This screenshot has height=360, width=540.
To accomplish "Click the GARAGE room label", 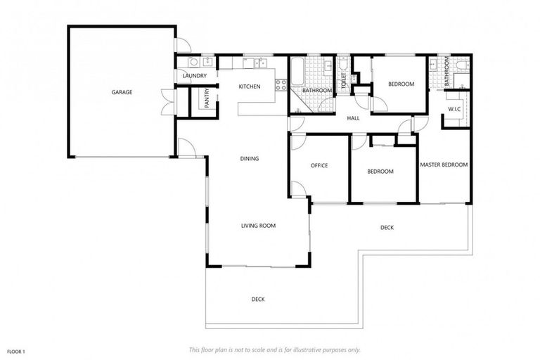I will pos(121,92).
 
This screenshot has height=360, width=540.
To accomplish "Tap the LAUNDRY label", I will pos(193,76).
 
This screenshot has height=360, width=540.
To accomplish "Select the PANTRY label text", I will pos(207,98).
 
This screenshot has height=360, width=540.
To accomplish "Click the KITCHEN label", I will pos(249,86).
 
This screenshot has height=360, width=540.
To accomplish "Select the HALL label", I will pos(353,118).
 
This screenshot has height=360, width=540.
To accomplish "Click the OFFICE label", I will pos(319,166).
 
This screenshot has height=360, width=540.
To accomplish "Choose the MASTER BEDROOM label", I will pos(444,165).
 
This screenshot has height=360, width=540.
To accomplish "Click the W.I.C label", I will pos(454,110).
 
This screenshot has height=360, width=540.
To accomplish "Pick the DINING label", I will pos(249,159).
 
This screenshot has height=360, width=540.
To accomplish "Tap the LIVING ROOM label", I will pos(258,226).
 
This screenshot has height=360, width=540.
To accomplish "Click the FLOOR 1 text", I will pos(16,350).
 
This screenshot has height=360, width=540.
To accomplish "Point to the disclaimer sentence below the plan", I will pos(274,349).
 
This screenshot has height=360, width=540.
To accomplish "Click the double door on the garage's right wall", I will pos(167,101).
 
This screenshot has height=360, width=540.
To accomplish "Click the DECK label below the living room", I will pos(258,300).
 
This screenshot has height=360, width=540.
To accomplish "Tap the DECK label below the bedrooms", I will pos(387,227).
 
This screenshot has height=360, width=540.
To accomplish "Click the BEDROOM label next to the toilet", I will pos(401,84).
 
